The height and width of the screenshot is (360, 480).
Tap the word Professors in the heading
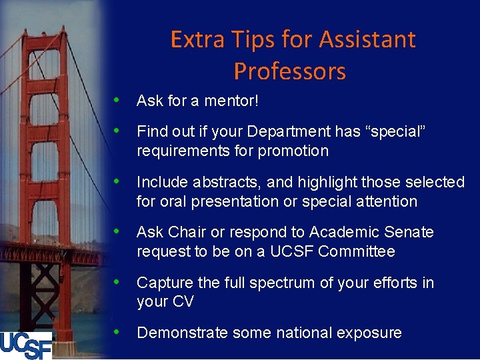pos(290,71)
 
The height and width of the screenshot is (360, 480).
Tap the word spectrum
pos(261,283)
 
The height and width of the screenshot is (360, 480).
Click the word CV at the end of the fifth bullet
pos(183,302)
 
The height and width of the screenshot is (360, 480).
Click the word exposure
pos(371,333)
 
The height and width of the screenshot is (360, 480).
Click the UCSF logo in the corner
pos(25,345)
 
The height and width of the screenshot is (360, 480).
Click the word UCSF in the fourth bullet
pos(294,251)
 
